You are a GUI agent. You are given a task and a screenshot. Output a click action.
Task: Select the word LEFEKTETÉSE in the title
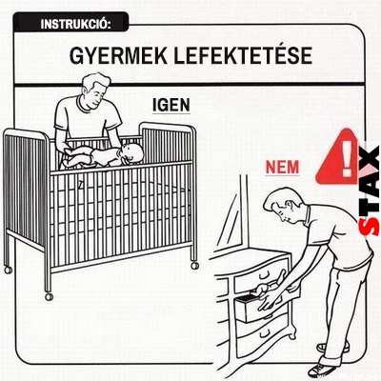[x=243, y=55]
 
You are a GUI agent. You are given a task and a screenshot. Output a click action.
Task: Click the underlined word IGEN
[x=171, y=106]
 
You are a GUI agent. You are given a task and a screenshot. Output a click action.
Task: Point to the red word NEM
[x=282, y=168]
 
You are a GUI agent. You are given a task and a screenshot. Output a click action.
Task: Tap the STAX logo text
[x=369, y=190]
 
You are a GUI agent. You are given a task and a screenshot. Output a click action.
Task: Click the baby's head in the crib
[x=131, y=153]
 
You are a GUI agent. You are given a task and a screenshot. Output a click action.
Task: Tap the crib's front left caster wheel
[x=49, y=296]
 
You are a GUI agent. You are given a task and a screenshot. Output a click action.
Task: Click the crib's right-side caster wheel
[x=195, y=265]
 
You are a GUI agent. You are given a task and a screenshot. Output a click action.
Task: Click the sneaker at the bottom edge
[x=321, y=370]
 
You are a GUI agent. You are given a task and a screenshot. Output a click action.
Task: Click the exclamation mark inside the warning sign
[x=347, y=158]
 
